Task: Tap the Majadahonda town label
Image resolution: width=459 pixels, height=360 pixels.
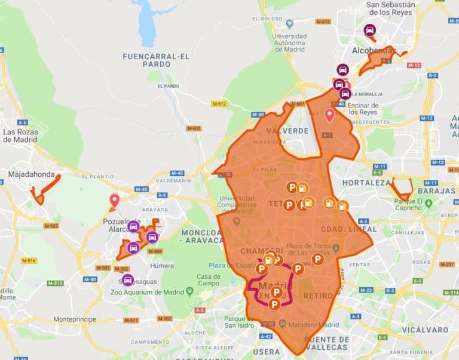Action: click(35, 175)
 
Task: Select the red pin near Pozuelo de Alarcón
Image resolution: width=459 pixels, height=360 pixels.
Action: click(114, 201)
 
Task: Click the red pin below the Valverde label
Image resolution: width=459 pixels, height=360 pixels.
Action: click(329, 115)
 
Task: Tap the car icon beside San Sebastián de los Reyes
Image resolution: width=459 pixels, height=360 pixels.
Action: click(369, 30)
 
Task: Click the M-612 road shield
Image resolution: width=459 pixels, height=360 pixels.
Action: click(219, 104)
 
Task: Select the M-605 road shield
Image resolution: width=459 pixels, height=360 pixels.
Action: click(194, 128)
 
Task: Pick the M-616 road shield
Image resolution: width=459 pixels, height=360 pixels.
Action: click(323, 22)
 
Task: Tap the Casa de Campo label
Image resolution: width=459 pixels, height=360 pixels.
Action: click(209, 280)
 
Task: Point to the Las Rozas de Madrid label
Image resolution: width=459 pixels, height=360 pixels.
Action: click(21, 136)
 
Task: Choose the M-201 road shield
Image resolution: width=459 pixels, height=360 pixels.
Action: click(446, 264)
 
